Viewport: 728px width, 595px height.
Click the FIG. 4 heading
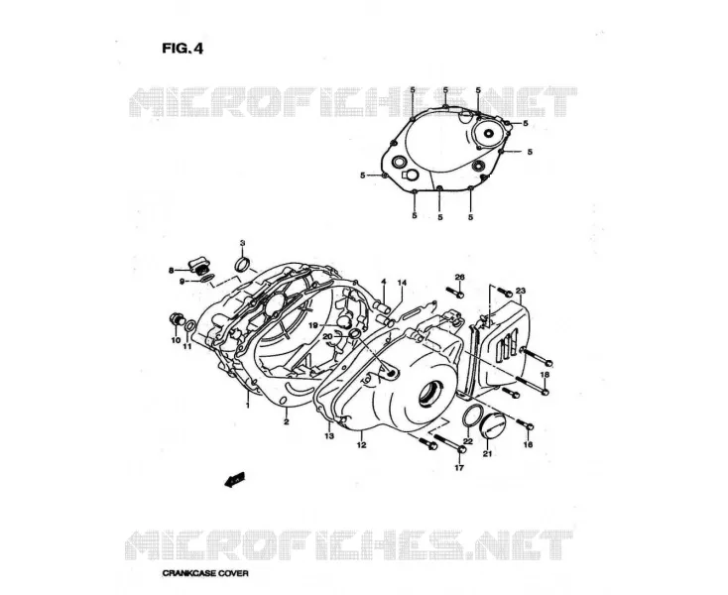click(x=182, y=49)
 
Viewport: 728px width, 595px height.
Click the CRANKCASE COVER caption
click(x=205, y=573)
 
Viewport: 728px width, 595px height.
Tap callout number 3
click(x=242, y=243)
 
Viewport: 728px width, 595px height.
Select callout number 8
click(x=171, y=270)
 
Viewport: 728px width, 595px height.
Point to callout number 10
click(x=176, y=340)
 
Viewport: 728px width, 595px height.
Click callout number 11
click(x=187, y=347)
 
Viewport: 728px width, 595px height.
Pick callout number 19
click(x=327, y=324)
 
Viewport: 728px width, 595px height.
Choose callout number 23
click(x=521, y=291)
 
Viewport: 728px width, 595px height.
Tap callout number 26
click(x=459, y=277)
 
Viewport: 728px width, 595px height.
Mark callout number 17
click(x=459, y=468)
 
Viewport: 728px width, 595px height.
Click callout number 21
click(x=487, y=453)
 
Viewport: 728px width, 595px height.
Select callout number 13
click(x=329, y=435)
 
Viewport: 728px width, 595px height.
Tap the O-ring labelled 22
click(x=473, y=415)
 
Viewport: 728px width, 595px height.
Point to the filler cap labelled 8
click(x=198, y=266)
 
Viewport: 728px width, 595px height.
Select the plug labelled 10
click(x=177, y=319)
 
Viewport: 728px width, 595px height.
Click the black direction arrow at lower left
click(x=234, y=480)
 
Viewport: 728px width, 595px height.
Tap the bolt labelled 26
click(x=455, y=293)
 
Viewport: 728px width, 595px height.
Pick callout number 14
click(x=402, y=283)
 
